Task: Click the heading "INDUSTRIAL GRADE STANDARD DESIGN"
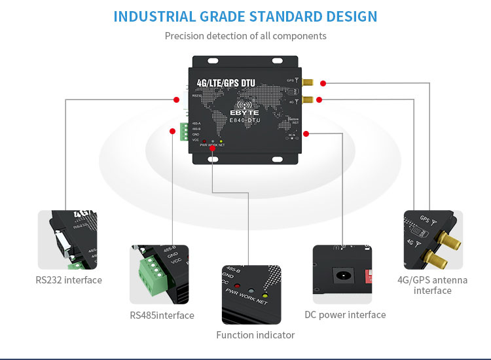pyautogui.click(x=245, y=16)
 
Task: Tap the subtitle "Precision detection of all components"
pyautogui.click(x=245, y=36)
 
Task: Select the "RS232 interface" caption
pyautogui.click(x=69, y=280)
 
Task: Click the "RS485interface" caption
pyautogui.click(x=162, y=315)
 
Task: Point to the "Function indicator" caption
pyautogui.click(x=255, y=335)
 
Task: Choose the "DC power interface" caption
pyautogui.click(x=345, y=315)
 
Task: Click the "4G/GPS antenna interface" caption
pyautogui.click(x=433, y=285)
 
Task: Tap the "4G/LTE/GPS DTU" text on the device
pyautogui.click(x=226, y=83)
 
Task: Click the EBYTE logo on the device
pyautogui.click(x=245, y=113)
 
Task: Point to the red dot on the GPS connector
pyautogui.click(x=323, y=83)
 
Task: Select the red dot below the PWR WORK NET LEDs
pyautogui.click(x=212, y=149)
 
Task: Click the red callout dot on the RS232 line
pyautogui.click(x=176, y=99)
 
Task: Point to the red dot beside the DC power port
pyautogui.click(x=306, y=134)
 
